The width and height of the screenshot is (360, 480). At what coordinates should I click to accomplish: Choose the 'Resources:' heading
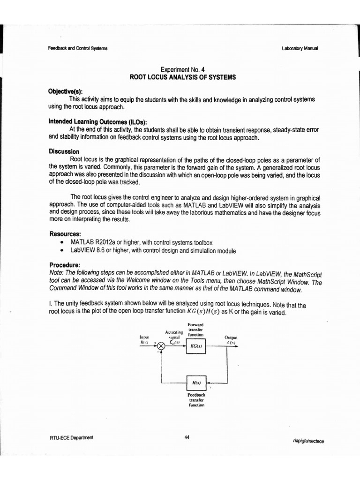tap(65, 233)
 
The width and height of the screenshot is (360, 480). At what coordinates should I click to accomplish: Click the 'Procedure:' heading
tap(66, 264)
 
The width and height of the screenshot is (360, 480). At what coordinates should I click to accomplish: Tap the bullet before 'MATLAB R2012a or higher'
tap(62, 242)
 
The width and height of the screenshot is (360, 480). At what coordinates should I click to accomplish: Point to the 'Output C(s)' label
tap(231, 340)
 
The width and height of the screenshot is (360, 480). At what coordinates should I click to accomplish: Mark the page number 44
tap(187, 437)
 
